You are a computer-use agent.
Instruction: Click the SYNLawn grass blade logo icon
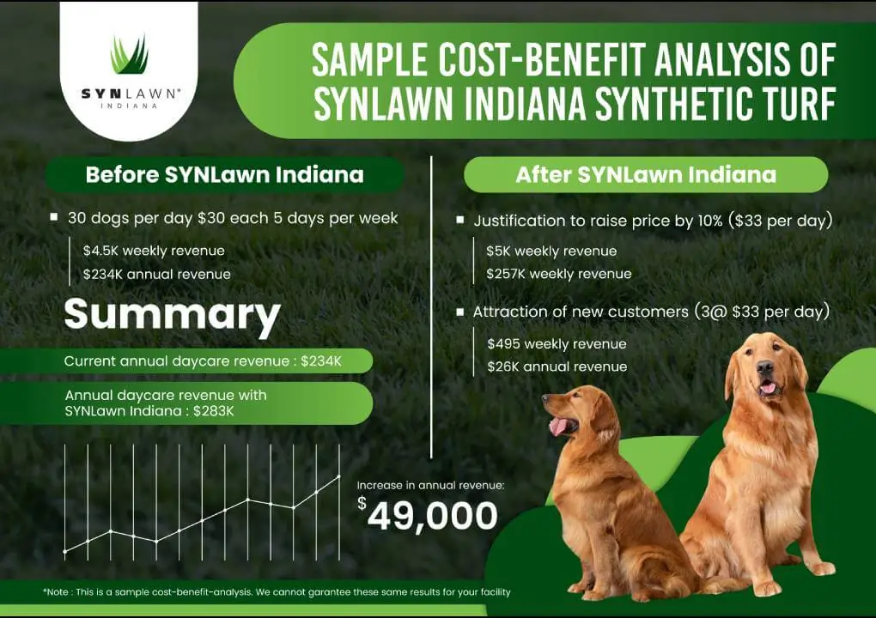pos(129,55)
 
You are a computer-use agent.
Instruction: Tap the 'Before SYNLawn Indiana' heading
pos(224,175)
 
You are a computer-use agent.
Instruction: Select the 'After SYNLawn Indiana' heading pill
pos(646,175)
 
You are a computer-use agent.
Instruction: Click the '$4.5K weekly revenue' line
pos(154,251)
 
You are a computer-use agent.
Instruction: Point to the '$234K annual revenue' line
pos(156,274)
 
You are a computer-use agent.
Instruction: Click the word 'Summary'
pos(172,315)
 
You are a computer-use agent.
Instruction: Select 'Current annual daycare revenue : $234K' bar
pos(203,361)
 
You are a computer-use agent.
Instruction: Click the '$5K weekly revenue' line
pos(551,251)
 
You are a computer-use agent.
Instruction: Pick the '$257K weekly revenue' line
pos(559,274)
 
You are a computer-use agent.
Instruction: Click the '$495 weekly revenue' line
pos(557,343)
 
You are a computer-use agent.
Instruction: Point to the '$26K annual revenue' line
pos(557,367)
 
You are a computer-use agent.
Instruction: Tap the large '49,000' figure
pos(433,516)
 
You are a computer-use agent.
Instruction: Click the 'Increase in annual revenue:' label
pos(430,485)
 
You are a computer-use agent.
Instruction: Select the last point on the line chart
pos(339,476)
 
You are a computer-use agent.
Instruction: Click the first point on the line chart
pos(65,552)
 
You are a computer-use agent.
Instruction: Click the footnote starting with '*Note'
pos(277,592)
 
